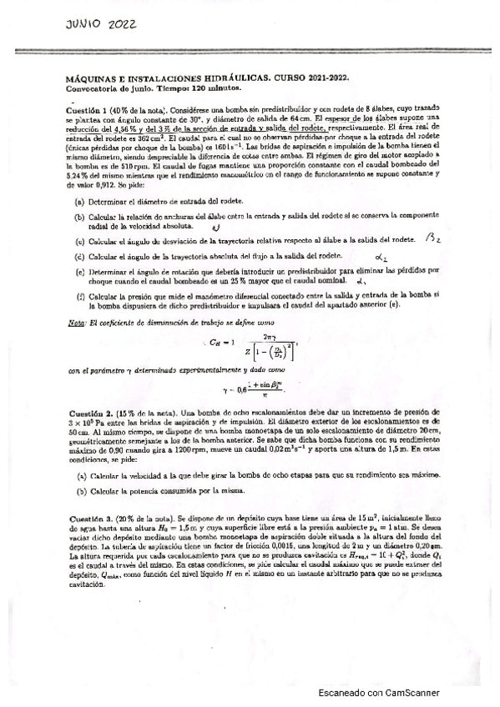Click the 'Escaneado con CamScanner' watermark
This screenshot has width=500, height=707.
[x=379, y=692]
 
